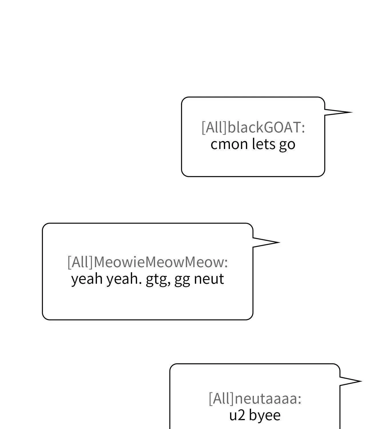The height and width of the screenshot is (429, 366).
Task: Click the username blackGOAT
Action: pyautogui.click(x=264, y=127)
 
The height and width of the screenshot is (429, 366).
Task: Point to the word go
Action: pyautogui.click(x=287, y=145)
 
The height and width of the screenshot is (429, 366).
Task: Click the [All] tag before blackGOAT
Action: pyautogui.click(x=214, y=128)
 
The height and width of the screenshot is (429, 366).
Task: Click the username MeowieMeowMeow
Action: pyautogui.click(x=159, y=262)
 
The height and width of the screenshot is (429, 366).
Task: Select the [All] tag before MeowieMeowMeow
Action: pyautogui.click(x=80, y=262)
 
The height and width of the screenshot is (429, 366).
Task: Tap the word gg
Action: pyautogui.click(x=182, y=281)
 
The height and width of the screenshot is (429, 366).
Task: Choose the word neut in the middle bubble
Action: pyautogui.click(x=209, y=279)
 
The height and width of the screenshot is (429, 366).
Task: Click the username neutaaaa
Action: pyautogui.click(x=266, y=399)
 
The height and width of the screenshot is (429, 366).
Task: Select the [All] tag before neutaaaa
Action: pyautogui.click(x=222, y=399)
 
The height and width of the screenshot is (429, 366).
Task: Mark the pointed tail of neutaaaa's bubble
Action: pyautogui.click(x=361, y=381)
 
